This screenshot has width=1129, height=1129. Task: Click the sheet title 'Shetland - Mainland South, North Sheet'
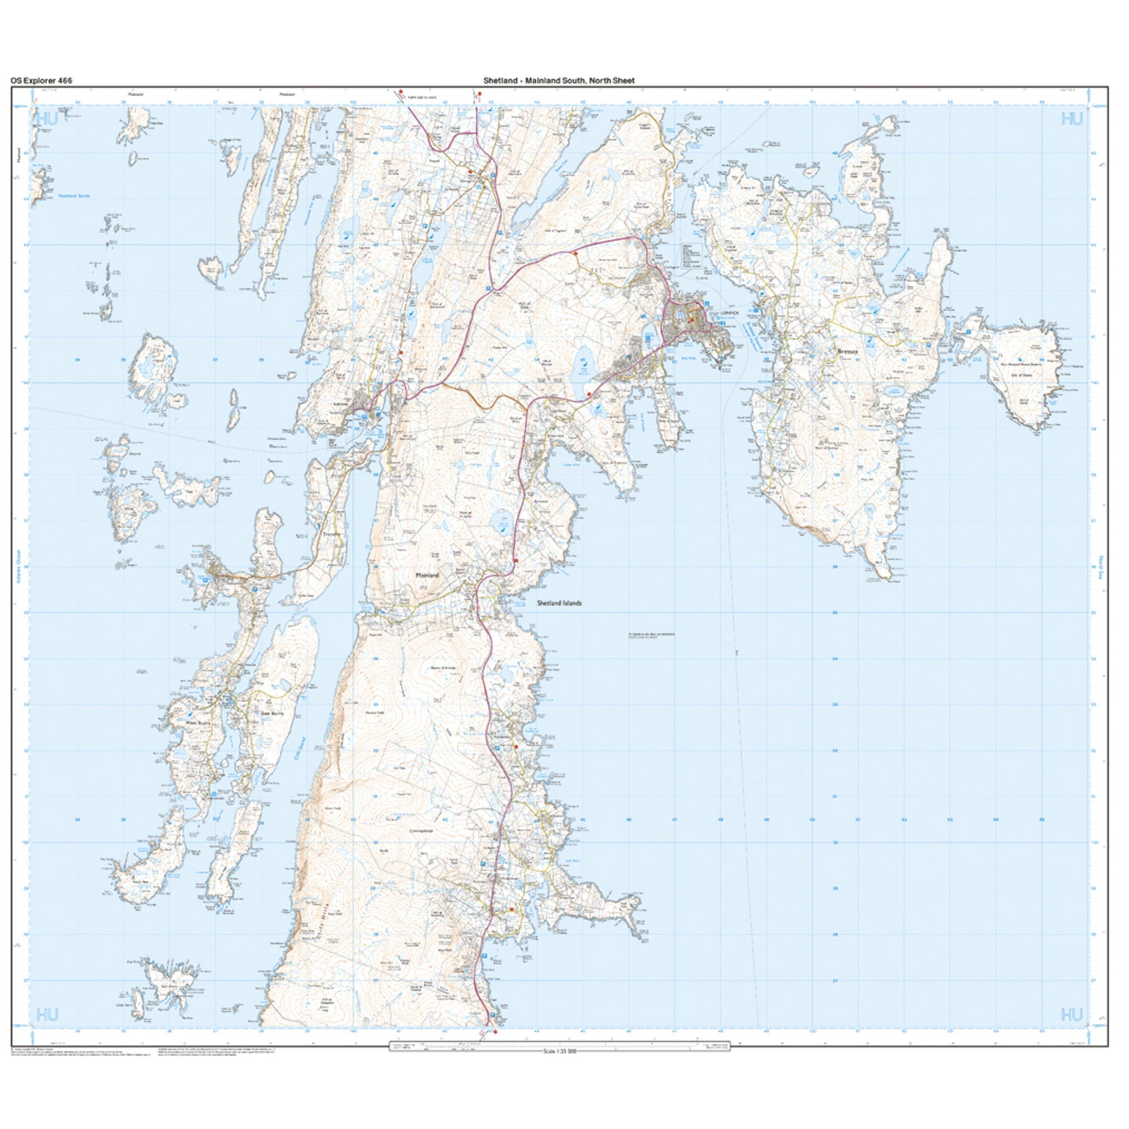558,81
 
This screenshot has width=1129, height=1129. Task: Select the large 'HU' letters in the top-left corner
47,120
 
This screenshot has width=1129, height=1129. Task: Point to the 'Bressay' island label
848,352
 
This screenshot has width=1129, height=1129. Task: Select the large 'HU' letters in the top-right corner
1072,120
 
